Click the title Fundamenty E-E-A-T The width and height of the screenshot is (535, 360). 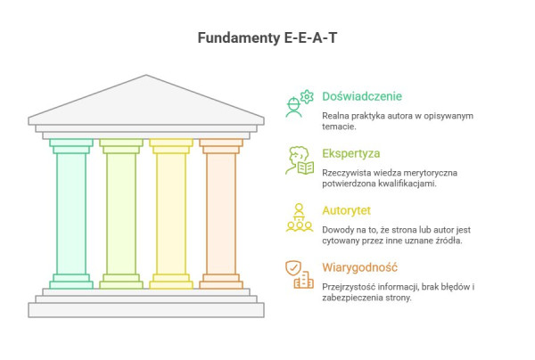(x=267, y=38)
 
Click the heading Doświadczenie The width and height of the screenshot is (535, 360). (x=361, y=96)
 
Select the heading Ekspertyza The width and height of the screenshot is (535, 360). (x=350, y=152)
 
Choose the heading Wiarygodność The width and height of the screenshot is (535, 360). (x=358, y=267)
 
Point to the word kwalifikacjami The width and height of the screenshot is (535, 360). (x=407, y=184)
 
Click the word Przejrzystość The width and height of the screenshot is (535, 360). (x=350, y=286)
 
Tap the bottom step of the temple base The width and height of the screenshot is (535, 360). (x=146, y=310)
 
